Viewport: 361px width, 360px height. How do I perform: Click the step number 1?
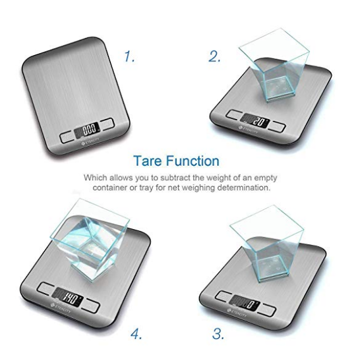[x=129, y=56]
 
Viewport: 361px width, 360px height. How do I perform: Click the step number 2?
[x=215, y=56]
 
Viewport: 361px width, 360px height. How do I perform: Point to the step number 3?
[x=217, y=334]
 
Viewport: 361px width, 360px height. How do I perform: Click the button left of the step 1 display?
[x=68, y=135]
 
